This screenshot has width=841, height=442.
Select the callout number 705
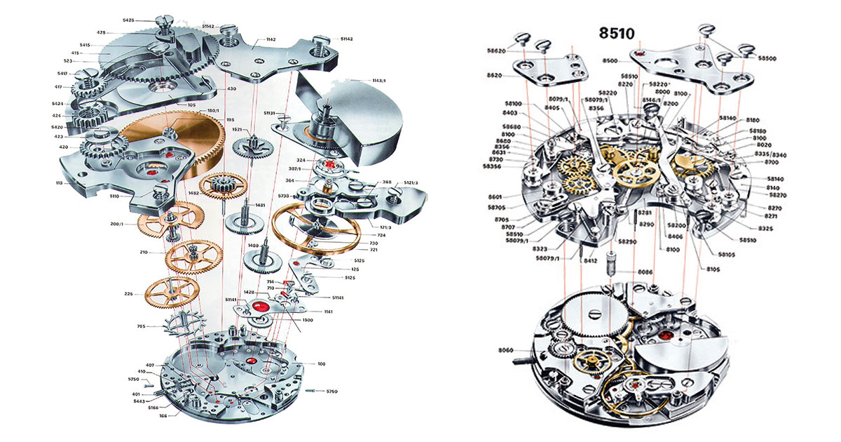(x=139, y=326)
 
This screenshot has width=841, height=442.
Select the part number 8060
(x=505, y=350)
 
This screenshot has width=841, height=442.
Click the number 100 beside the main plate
(x=322, y=364)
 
